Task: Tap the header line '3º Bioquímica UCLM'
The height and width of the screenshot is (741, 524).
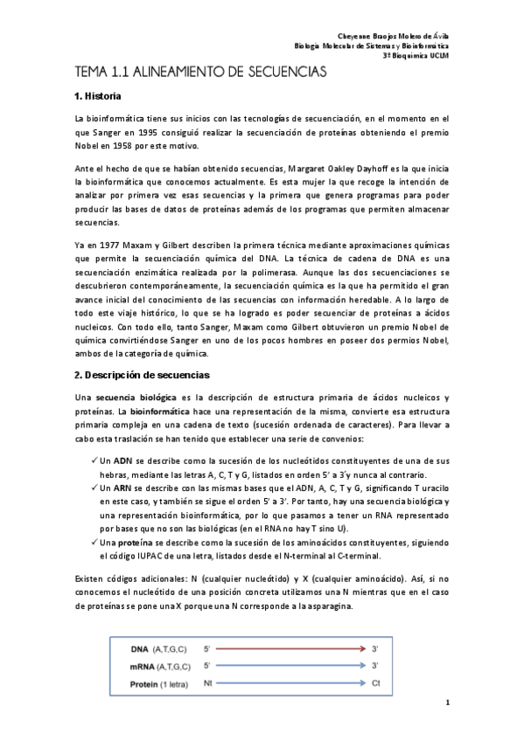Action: pos(416,54)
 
